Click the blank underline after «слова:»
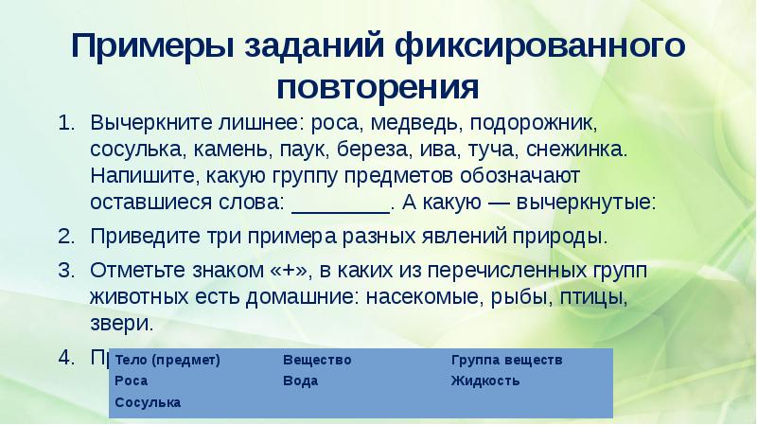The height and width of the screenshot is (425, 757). click(342, 203)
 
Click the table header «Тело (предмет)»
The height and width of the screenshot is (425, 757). click(167, 360)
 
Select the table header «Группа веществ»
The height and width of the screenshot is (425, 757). click(506, 360)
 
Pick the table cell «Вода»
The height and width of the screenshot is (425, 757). click(300, 381)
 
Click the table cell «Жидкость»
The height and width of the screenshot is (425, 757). click(485, 381)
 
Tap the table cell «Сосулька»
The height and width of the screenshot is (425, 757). click(147, 402)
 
